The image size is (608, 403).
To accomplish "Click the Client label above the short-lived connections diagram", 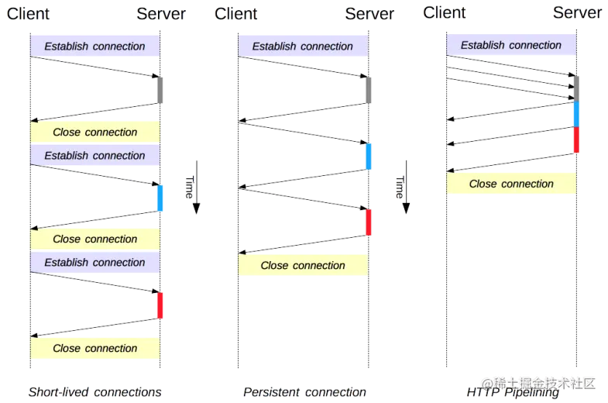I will coord(28,13).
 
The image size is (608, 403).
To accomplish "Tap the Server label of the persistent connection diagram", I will coord(369,13).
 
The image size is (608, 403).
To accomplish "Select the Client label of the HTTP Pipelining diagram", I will coord(445,12).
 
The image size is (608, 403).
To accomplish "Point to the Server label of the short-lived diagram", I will coord(161,13).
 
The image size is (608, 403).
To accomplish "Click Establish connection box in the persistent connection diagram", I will coord(302,46).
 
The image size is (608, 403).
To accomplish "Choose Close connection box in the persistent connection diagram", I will coord(303,266).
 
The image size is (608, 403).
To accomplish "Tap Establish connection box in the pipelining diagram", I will coord(511,45).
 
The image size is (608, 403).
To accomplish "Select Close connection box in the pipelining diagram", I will coord(511,184).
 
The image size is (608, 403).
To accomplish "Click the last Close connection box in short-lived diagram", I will coord(94,348).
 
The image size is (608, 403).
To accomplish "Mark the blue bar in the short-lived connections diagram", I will coord(160,198).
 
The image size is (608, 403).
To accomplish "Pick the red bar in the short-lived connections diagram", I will coord(160,305).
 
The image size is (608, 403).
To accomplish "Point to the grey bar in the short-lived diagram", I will coord(160,90).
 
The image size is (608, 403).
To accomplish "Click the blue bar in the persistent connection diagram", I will coord(369,156).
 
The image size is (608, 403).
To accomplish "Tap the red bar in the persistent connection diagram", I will coord(369,222).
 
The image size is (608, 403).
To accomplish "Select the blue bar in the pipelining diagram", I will coord(575,113).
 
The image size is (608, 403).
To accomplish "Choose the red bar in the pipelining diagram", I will coord(575,140).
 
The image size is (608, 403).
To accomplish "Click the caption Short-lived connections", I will coord(94,391).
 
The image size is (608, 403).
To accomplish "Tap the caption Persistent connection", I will coord(304,391).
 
